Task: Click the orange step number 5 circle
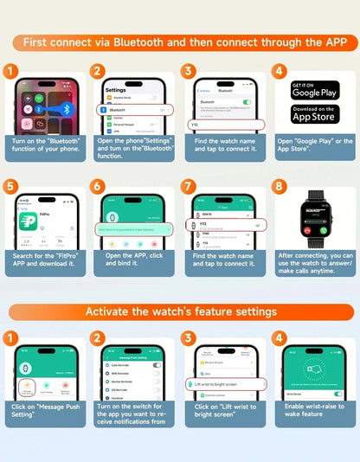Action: (11, 186)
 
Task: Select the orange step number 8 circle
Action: (280, 186)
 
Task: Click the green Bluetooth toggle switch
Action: (247, 102)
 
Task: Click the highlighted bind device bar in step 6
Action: (135, 229)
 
